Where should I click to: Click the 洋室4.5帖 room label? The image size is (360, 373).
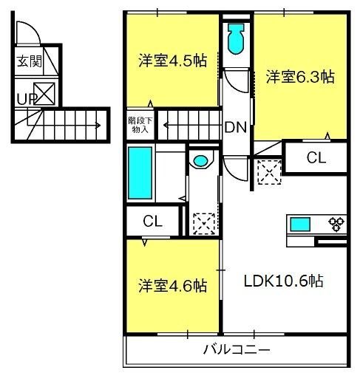(172, 61)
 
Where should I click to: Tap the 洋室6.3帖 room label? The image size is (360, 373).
(300, 77)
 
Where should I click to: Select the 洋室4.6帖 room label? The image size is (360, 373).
(172, 285)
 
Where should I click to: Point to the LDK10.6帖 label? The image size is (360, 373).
(283, 281)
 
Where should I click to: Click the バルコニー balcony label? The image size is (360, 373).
(237, 349)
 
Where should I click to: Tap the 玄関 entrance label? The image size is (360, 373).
(30, 61)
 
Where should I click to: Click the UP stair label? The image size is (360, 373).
(26, 99)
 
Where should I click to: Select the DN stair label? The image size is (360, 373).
(236, 127)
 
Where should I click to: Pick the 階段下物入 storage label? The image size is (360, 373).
(140, 126)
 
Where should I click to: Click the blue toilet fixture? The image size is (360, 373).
(237, 38)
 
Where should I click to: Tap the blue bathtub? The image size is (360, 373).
(140, 173)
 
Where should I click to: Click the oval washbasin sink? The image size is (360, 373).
(200, 161)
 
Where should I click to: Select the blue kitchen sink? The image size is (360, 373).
(300, 225)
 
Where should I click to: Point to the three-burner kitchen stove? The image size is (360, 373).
(336, 224)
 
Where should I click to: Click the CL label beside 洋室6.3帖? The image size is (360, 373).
(316, 157)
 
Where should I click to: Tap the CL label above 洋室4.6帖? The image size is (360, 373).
(153, 221)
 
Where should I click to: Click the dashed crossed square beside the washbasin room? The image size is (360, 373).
(204, 224)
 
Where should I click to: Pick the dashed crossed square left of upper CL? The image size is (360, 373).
(269, 172)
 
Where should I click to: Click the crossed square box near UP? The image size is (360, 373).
(44, 94)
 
